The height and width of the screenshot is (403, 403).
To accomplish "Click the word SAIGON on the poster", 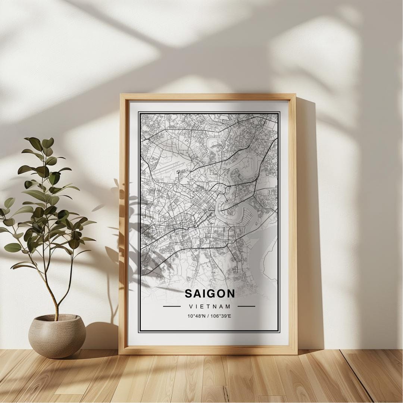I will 210,294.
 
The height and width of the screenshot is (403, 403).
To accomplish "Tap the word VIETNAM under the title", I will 209,307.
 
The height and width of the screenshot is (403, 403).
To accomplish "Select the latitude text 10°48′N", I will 197,316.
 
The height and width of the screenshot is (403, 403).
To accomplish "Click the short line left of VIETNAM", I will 172,306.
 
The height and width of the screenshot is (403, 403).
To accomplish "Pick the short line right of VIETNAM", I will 246,306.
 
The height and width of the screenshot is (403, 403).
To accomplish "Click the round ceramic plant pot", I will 57,335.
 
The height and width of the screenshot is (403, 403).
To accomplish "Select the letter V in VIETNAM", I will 191,307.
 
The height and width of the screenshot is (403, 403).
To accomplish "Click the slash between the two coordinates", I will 208,316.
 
